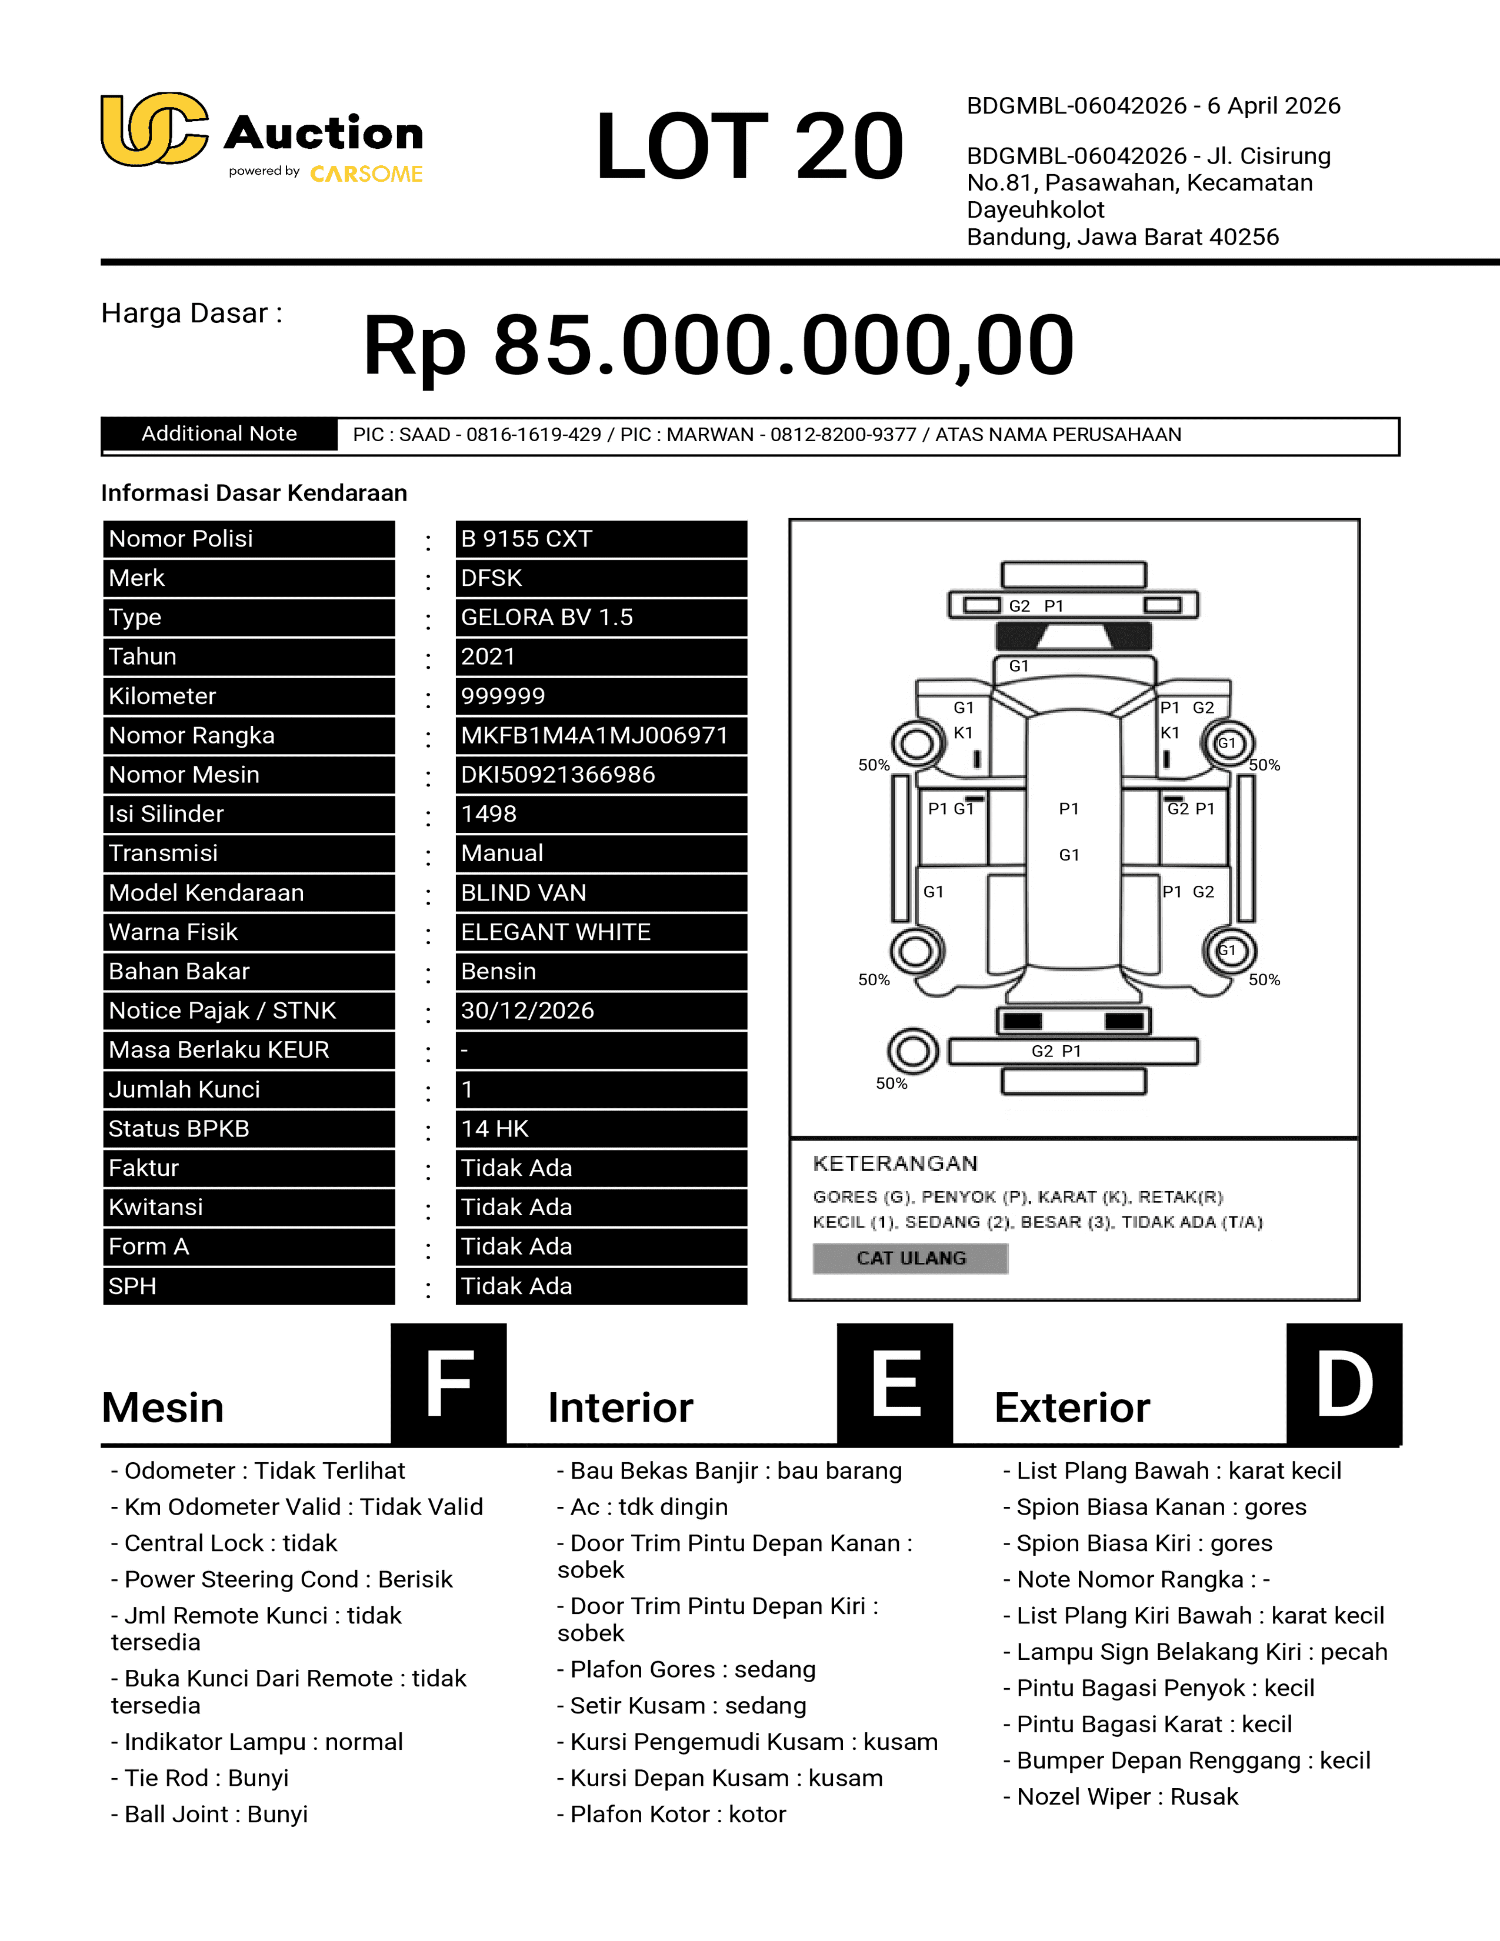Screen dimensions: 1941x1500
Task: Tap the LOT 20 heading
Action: [x=749, y=146]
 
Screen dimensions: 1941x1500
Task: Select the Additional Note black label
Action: [x=219, y=433]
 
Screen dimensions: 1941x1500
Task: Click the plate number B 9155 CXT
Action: [x=526, y=539]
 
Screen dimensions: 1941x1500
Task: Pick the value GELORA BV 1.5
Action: [x=546, y=617]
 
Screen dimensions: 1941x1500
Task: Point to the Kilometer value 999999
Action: [x=503, y=696]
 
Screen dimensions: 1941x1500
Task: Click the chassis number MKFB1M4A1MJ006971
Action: [x=594, y=735]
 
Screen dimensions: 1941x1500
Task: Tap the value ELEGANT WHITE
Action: [x=555, y=932]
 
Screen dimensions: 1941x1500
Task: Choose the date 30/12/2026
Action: [x=527, y=1010]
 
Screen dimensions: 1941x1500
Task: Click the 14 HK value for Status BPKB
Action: [x=495, y=1129]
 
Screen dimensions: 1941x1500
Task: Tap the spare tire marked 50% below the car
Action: [x=912, y=1052]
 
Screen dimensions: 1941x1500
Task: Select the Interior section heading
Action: [x=620, y=1408]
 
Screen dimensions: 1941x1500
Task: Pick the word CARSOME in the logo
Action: [x=366, y=174]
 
